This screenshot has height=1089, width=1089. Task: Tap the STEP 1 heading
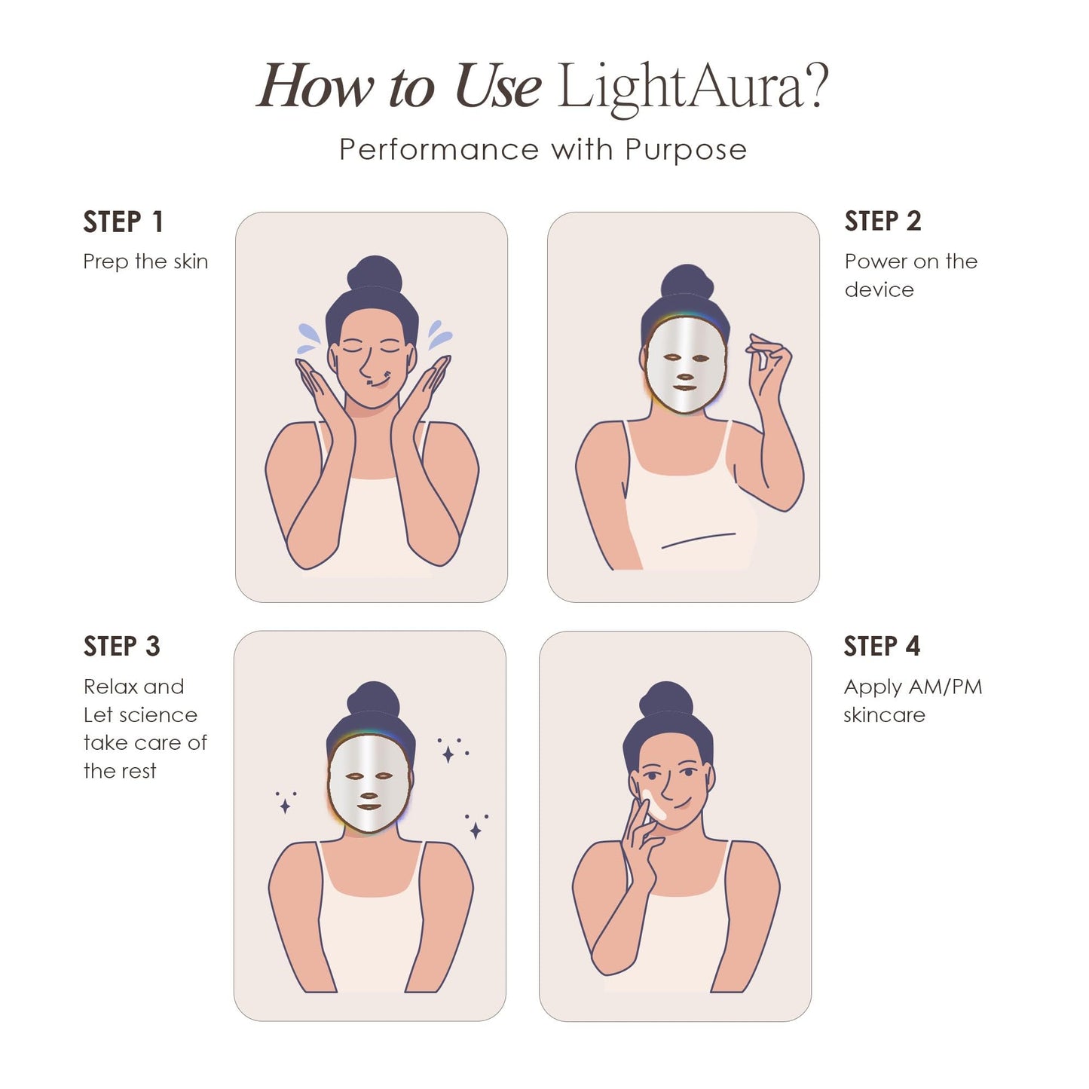(123, 222)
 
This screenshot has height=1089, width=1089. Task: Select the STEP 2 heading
(883, 222)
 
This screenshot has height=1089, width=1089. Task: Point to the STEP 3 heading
(121, 647)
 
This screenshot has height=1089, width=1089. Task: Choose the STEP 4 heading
(881, 647)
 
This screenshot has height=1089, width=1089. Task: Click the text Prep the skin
(145, 262)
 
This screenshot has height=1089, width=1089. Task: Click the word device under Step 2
(879, 290)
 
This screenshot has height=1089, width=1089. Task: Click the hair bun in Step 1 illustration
(375, 274)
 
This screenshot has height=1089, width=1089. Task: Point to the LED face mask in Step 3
(369, 784)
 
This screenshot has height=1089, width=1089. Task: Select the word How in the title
(315, 87)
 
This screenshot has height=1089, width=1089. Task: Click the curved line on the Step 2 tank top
(698, 540)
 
